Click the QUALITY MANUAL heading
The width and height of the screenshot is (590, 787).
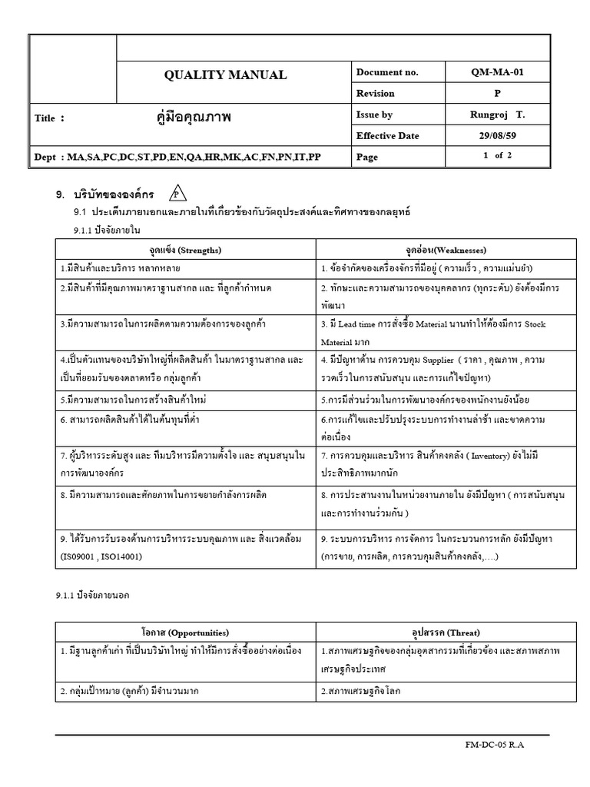click(225, 75)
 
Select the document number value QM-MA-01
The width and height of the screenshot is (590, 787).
click(498, 72)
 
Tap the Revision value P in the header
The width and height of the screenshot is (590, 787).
click(498, 93)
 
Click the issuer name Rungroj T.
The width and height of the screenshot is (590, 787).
click(498, 115)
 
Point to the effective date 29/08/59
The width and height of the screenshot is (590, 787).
click(498, 136)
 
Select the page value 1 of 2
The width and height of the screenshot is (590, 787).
click(498, 156)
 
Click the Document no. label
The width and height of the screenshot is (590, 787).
click(387, 72)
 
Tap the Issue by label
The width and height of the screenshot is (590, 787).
click(375, 115)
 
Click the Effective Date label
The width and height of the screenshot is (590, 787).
click(388, 136)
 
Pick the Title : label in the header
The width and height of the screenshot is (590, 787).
click(50, 118)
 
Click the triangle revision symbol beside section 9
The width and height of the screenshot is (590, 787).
click(175, 192)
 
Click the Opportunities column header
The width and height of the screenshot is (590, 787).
click(185, 632)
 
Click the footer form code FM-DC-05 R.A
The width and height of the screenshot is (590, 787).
click(496, 745)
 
